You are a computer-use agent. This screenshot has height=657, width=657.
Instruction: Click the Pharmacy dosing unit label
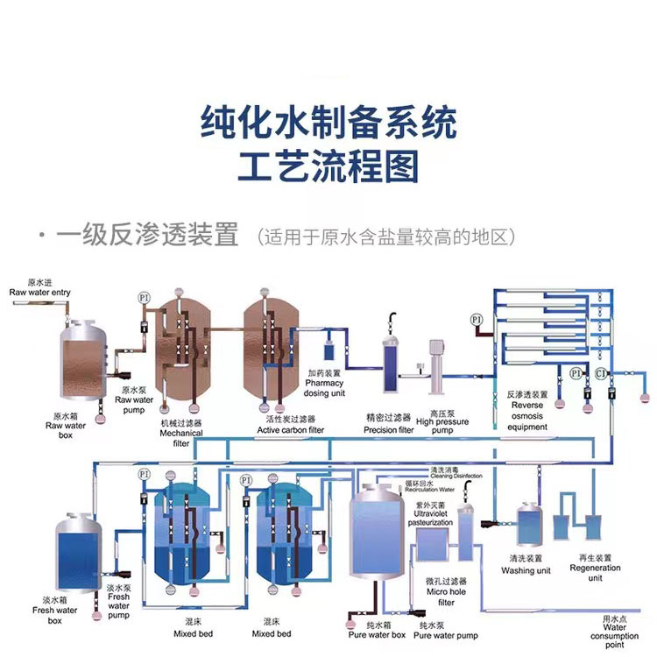[x=324, y=383]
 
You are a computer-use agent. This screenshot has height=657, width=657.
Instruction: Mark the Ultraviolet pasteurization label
[x=429, y=518]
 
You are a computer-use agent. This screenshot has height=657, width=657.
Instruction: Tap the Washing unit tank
[x=531, y=525]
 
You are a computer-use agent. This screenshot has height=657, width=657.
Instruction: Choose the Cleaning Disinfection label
[x=455, y=473]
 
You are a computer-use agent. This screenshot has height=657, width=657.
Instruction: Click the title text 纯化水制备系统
[x=328, y=124]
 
